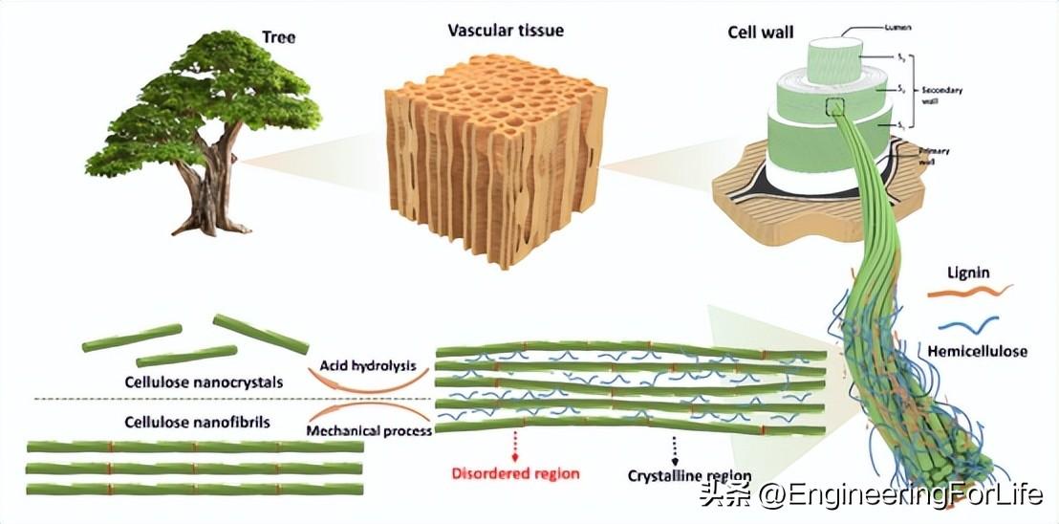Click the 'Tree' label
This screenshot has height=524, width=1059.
pyautogui.click(x=278, y=38)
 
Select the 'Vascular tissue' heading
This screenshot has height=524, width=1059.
pyautogui.click(x=506, y=31)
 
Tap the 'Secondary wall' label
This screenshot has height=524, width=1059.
pyautogui.click(x=941, y=96)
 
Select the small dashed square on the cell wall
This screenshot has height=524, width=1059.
pyautogui.click(x=837, y=107)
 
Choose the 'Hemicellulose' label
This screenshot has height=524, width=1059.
pyautogui.click(x=978, y=351)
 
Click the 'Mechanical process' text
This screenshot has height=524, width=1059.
pyautogui.click(x=369, y=430)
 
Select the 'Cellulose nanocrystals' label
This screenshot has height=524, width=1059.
pyautogui.click(x=205, y=382)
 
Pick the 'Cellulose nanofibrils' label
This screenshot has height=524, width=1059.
pyautogui.click(x=198, y=422)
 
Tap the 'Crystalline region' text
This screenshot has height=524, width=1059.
pyautogui.click(x=689, y=475)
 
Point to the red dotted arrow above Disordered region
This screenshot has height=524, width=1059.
pyautogui.click(x=517, y=445)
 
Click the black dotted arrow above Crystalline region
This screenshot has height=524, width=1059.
pyautogui.click(x=675, y=447)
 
